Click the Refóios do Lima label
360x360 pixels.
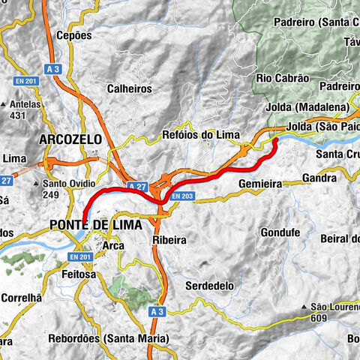point(201,136)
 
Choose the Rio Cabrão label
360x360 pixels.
point(283,78)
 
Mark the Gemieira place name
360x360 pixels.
point(259,183)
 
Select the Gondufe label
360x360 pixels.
point(284,232)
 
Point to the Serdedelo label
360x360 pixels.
point(208,286)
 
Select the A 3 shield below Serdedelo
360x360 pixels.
point(155,311)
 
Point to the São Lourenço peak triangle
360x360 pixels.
point(303,307)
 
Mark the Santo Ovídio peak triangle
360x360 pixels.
point(37,183)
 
